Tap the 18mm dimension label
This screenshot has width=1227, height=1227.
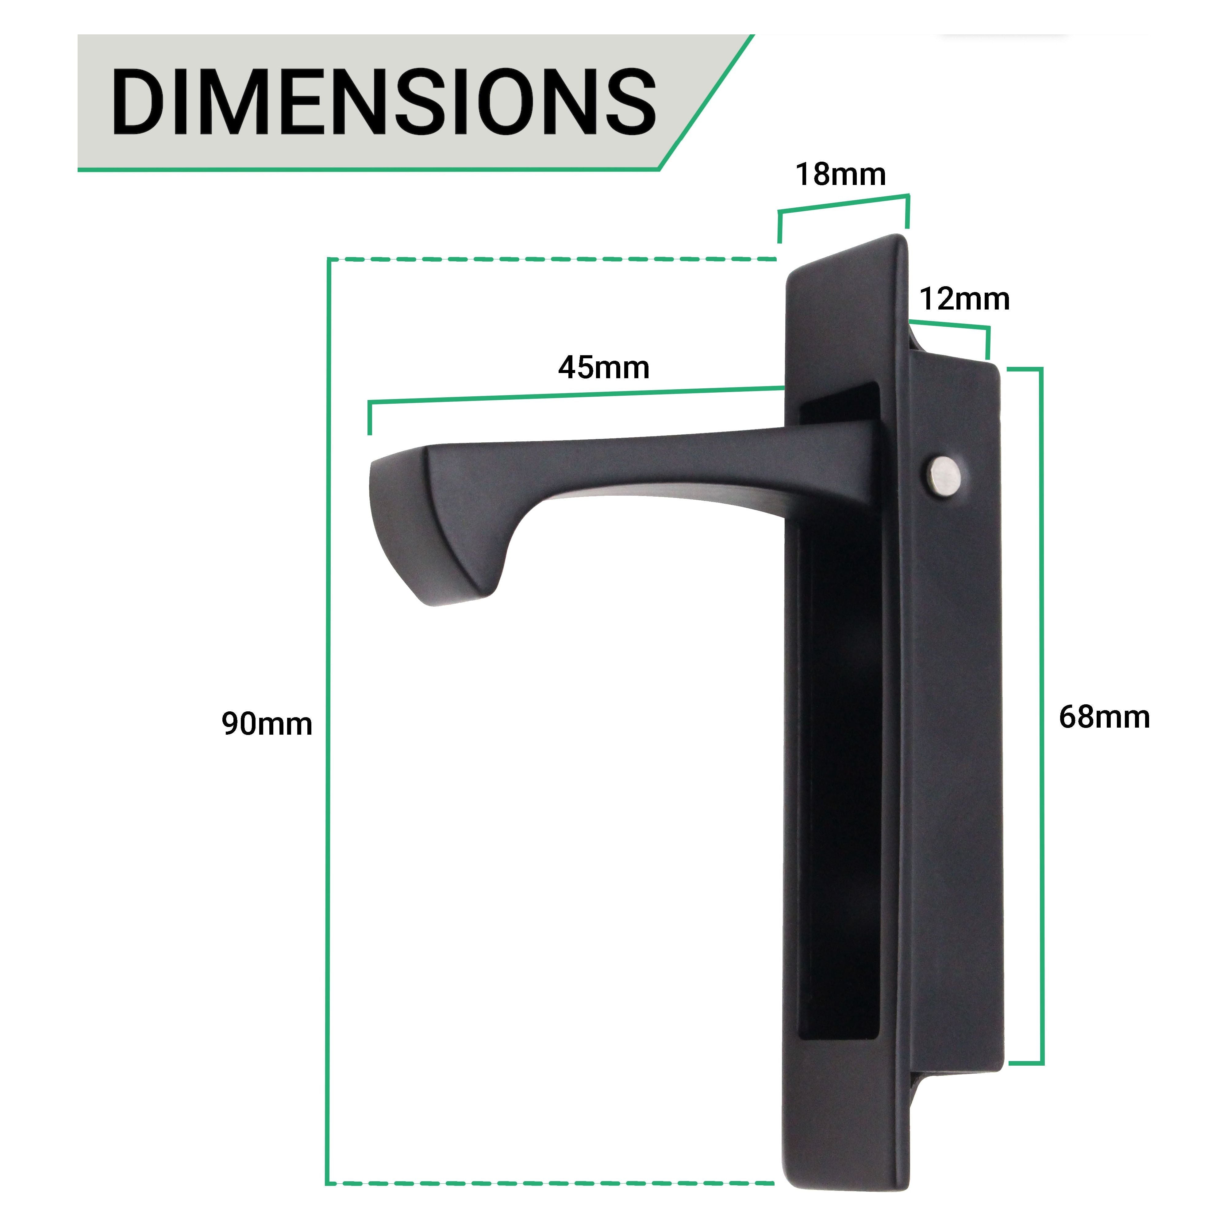coord(840,175)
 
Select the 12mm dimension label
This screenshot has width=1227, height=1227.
coord(964,299)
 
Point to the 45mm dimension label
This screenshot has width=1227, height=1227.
coord(603,368)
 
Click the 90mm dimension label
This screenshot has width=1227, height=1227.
coord(267,724)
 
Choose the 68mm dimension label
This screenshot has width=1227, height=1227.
coord(1104,717)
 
